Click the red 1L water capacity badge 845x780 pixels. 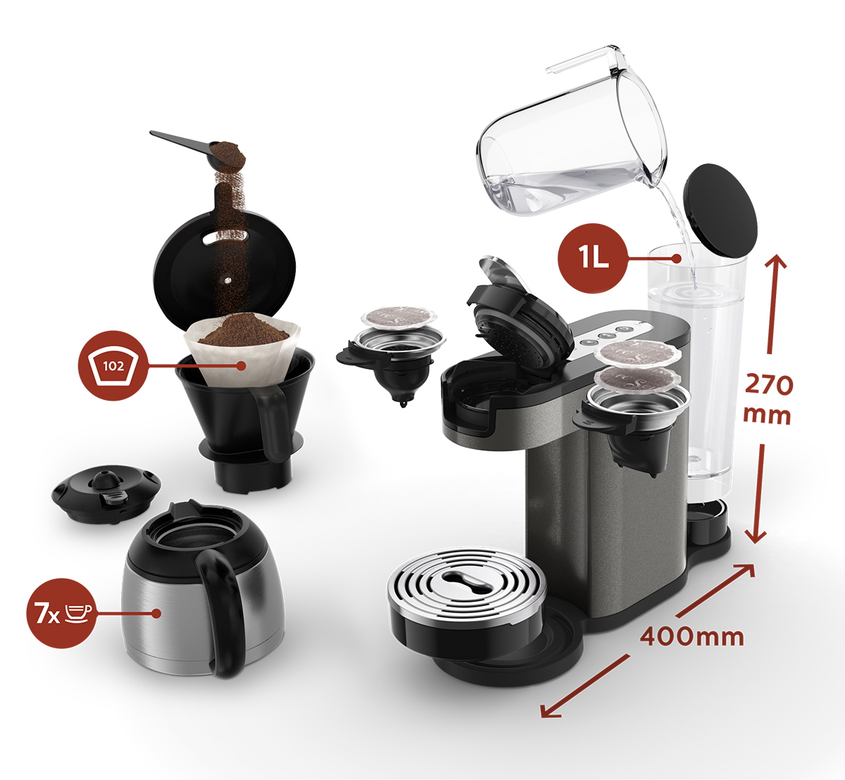pos(593,258)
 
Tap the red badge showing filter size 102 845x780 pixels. pos(113,366)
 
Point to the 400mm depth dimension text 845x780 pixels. pos(692,637)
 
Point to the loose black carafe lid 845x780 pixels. pos(106,496)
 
